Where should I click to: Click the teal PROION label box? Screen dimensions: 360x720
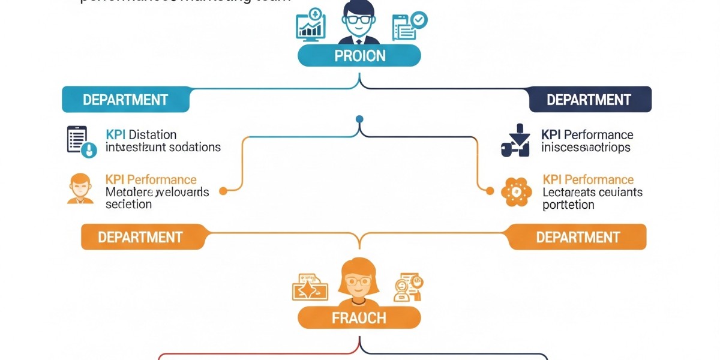coord(359,56)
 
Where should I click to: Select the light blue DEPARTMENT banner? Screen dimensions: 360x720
coord(125,100)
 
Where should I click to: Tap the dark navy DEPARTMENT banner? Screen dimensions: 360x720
coord(590,100)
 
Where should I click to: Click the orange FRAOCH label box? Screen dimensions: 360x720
coord(359,317)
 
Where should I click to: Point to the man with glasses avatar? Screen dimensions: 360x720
coord(359,23)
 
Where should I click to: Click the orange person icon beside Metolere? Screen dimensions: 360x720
coord(80,188)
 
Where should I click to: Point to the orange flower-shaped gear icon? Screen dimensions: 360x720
coord(517,192)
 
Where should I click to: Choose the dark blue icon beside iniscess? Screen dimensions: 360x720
coord(515,141)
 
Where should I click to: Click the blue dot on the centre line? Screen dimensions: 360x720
coord(359,119)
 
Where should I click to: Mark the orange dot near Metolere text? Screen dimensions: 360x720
coord(223,191)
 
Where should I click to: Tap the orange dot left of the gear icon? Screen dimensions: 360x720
coord(490,191)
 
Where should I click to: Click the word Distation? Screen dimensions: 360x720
coord(152,134)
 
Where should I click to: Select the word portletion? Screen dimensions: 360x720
coord(568,205)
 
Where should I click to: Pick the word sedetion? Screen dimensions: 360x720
coord(128,204)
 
